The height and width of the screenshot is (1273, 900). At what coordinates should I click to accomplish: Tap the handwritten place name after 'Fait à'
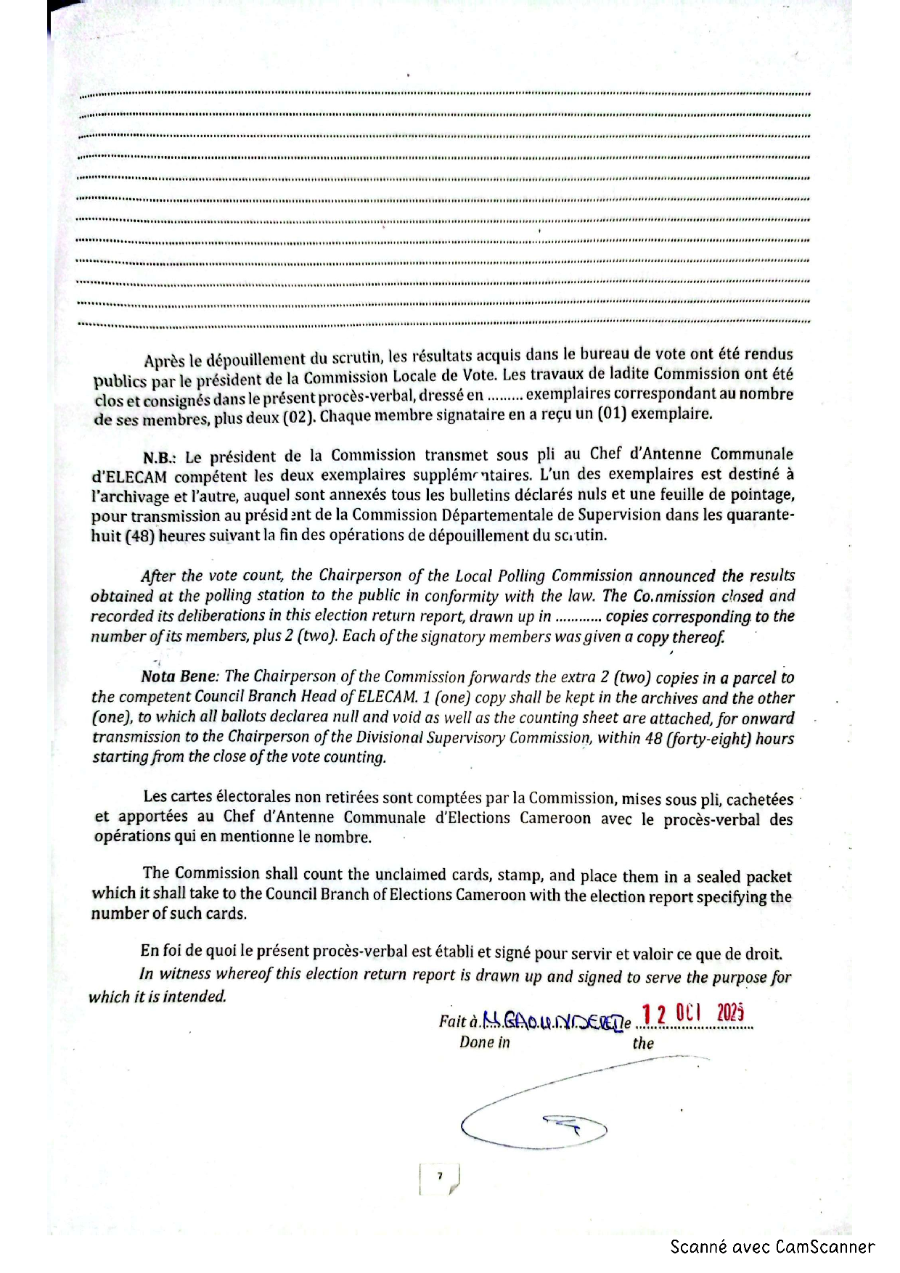click(552, 1023)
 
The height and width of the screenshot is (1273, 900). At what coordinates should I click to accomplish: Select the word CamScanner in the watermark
click(825, 1247)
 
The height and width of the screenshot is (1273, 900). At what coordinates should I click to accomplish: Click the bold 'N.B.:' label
click(160, 458)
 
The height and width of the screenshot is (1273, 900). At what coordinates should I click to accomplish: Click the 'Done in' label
click(484, 1043)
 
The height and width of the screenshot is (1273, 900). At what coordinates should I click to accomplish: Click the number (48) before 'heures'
click(139, 536)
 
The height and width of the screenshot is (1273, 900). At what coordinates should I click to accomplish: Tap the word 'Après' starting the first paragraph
click(164, 361)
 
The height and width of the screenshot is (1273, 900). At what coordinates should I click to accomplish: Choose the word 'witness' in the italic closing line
click(186, 974)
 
